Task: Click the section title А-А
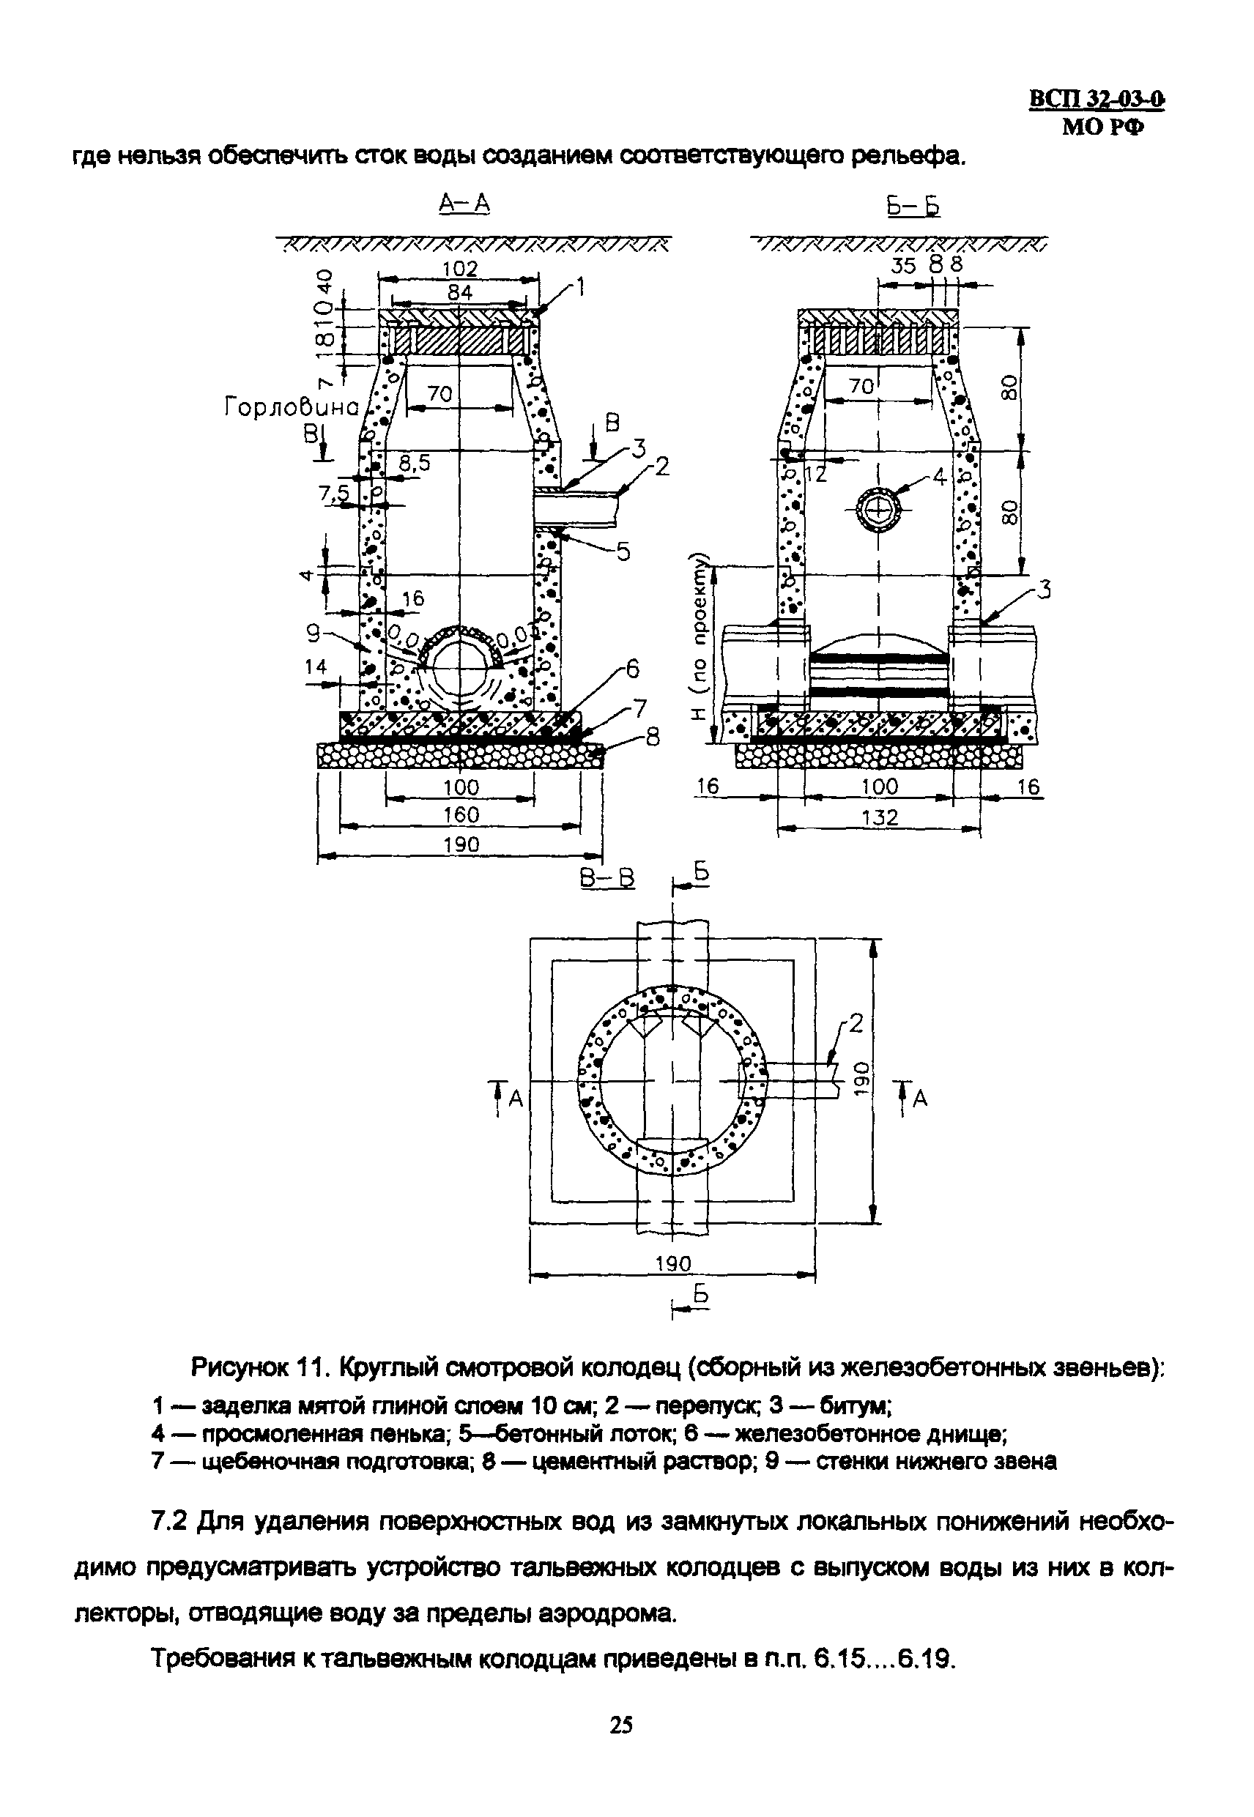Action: click(x=464, y=204)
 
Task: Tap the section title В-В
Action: click(x=607, y=878)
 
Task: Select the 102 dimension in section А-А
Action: click(x=460, y=269)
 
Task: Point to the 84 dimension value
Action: click(x=460, y=292)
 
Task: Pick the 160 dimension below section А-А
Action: click(x=461, y=814)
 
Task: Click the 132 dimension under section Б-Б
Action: click(x=879, y=817)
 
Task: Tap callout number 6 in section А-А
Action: click(x=631, y=669)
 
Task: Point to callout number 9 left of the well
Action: click(x=313, y=630)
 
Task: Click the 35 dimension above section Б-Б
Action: click(x=904, y=266)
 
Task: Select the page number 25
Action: click(x=620, y=1725)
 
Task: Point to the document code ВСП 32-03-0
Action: click(x=1097, y=100)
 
